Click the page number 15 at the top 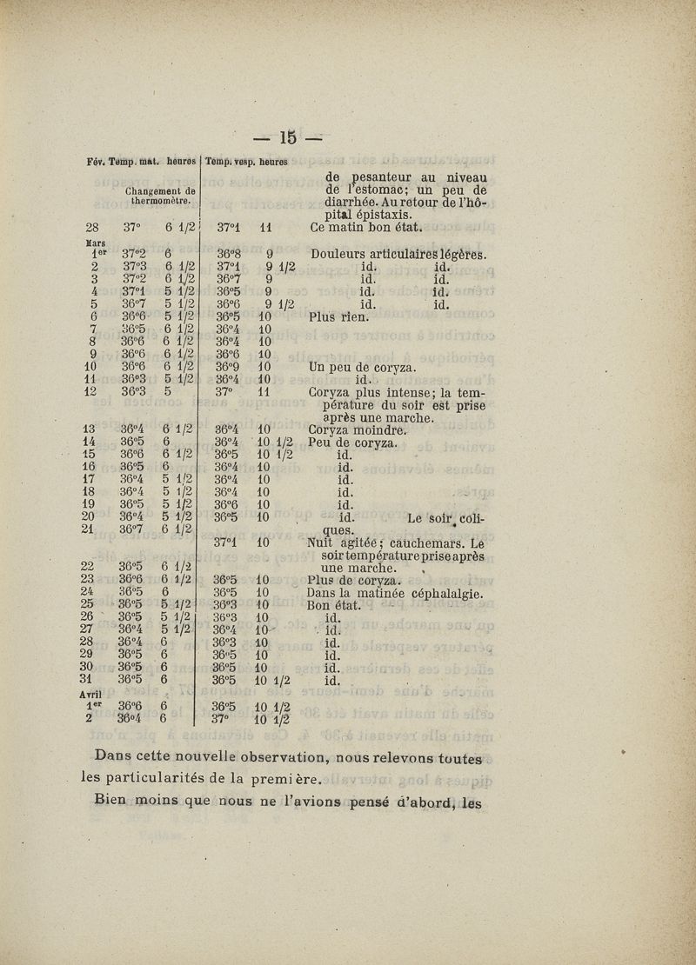(x=289, y=137)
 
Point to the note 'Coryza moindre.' (x=358, y=429)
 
